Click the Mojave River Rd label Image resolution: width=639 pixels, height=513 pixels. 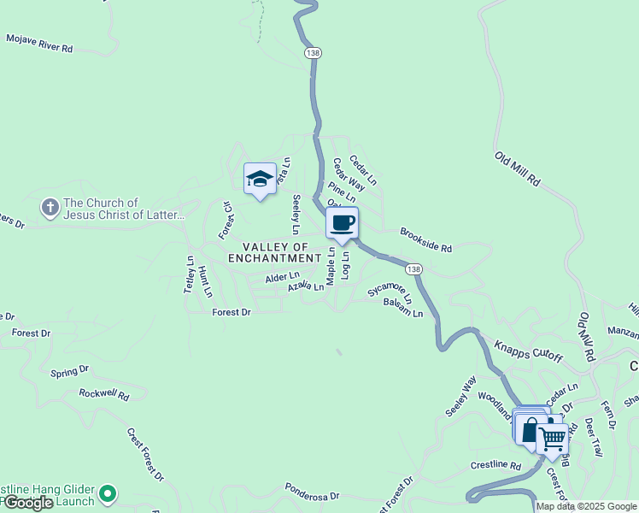[x=39, y=44]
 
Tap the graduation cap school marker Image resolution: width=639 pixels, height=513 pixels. [x=260, y=180]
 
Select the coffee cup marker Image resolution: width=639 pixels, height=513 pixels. [x=342, y=224]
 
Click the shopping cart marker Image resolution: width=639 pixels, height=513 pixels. [x=553, y=438]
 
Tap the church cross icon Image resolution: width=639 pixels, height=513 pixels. [x=50, y=208]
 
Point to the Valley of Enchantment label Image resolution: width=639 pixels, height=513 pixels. [x=274, y=252]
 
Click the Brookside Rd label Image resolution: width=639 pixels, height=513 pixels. [x=425, y=239]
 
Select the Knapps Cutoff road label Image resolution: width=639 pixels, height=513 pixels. [x=528, y=351]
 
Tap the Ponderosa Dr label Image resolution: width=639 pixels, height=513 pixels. [x=312, y=495]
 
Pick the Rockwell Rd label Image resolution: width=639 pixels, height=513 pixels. [x=103, y=395]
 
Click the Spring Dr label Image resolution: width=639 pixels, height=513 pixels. [x=69, y=371]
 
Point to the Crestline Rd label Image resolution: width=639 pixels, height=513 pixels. [x=495, y=465]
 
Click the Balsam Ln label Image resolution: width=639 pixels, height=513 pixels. [x=403, y=309]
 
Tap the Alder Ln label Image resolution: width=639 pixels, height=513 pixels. [x=282, y=277]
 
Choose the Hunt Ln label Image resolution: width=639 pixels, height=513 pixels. [x=204, y=281]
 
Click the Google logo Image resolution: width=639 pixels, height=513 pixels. [x=27, y=503]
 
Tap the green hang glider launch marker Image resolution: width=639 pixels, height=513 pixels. [x=107, y=493]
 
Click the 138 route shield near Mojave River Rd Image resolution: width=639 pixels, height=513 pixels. [x=313, y=53]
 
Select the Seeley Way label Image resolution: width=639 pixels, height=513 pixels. [x=460, y=397]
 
